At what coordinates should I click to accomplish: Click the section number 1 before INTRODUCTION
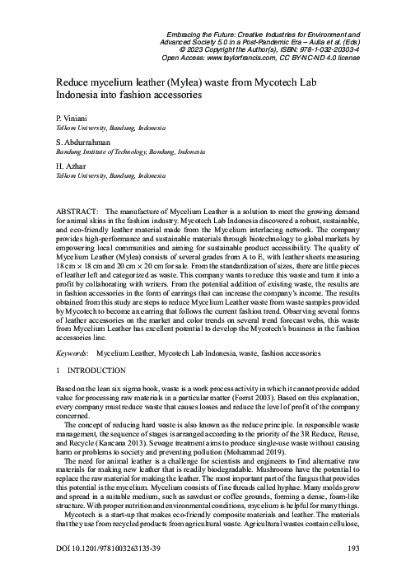tap(57, 371)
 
